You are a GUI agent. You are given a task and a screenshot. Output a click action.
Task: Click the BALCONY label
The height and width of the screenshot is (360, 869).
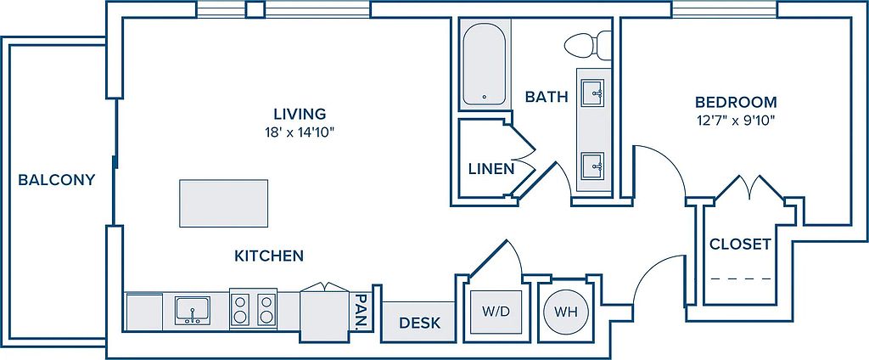(57, 180)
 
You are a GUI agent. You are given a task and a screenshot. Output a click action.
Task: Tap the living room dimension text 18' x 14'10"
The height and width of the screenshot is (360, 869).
(300, 132)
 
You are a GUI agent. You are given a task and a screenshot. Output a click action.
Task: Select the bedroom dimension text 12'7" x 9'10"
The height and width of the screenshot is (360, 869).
(736, 121)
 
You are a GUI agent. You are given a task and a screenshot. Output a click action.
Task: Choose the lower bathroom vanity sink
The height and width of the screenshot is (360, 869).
(592, 166)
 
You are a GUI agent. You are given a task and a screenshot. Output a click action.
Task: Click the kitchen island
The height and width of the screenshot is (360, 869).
(223, 203)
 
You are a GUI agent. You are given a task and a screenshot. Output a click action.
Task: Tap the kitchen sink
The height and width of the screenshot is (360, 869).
(193, 311)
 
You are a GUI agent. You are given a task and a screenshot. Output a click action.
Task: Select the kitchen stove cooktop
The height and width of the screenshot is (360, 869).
(253, 309)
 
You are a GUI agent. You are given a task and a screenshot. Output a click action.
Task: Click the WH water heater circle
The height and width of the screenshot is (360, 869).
(564, 312)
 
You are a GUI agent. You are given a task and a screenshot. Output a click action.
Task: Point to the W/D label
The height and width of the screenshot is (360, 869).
(496, 312)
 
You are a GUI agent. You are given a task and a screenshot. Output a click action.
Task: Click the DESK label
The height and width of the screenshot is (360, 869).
(419, 323)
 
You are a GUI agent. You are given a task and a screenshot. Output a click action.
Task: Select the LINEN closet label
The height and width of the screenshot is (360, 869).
(491, 169)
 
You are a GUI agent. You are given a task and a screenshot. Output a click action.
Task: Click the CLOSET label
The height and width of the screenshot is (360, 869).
(740, 244)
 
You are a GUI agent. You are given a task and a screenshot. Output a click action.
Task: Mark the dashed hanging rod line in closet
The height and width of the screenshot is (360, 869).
(741, 278)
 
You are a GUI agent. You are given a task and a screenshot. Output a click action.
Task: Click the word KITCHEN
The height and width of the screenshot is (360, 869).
(269, 256)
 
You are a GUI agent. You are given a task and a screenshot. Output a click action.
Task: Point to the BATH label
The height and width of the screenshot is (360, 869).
(547, 97)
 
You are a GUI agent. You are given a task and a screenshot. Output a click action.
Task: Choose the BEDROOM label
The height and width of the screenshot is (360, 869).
(736, 102)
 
